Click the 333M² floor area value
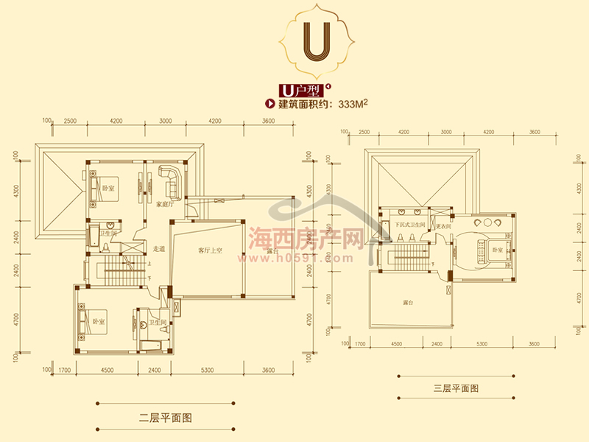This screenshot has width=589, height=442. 353,105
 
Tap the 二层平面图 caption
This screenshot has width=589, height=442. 166,418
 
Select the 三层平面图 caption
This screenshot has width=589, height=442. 455,387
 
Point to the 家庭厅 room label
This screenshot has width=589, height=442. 164,204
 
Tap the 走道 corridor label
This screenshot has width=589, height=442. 159,248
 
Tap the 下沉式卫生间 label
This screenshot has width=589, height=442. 410,225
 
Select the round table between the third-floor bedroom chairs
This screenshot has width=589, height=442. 488,222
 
